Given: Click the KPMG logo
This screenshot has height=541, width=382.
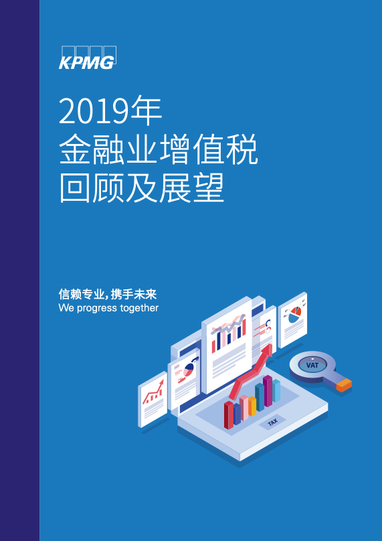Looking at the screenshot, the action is (88, 58).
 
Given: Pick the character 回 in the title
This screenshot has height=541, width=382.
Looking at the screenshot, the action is (74, 188).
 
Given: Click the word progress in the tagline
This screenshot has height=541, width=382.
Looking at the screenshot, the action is (92, 308).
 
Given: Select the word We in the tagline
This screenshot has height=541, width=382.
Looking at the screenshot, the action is (66, 307).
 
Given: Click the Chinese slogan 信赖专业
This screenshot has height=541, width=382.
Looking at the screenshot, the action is (82, 295).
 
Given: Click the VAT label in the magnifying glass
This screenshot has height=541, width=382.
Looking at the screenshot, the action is (312, 365).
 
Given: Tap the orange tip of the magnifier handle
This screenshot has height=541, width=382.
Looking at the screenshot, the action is (344, 385).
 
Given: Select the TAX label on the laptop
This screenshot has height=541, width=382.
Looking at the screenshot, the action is (273, 422).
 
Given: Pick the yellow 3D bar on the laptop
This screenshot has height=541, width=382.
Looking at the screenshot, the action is (252, 406).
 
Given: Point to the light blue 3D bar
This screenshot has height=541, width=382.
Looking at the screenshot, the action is (276, 390).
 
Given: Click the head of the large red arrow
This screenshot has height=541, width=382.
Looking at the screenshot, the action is (266, 352).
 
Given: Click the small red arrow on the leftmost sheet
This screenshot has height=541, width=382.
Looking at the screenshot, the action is (153, 392).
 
